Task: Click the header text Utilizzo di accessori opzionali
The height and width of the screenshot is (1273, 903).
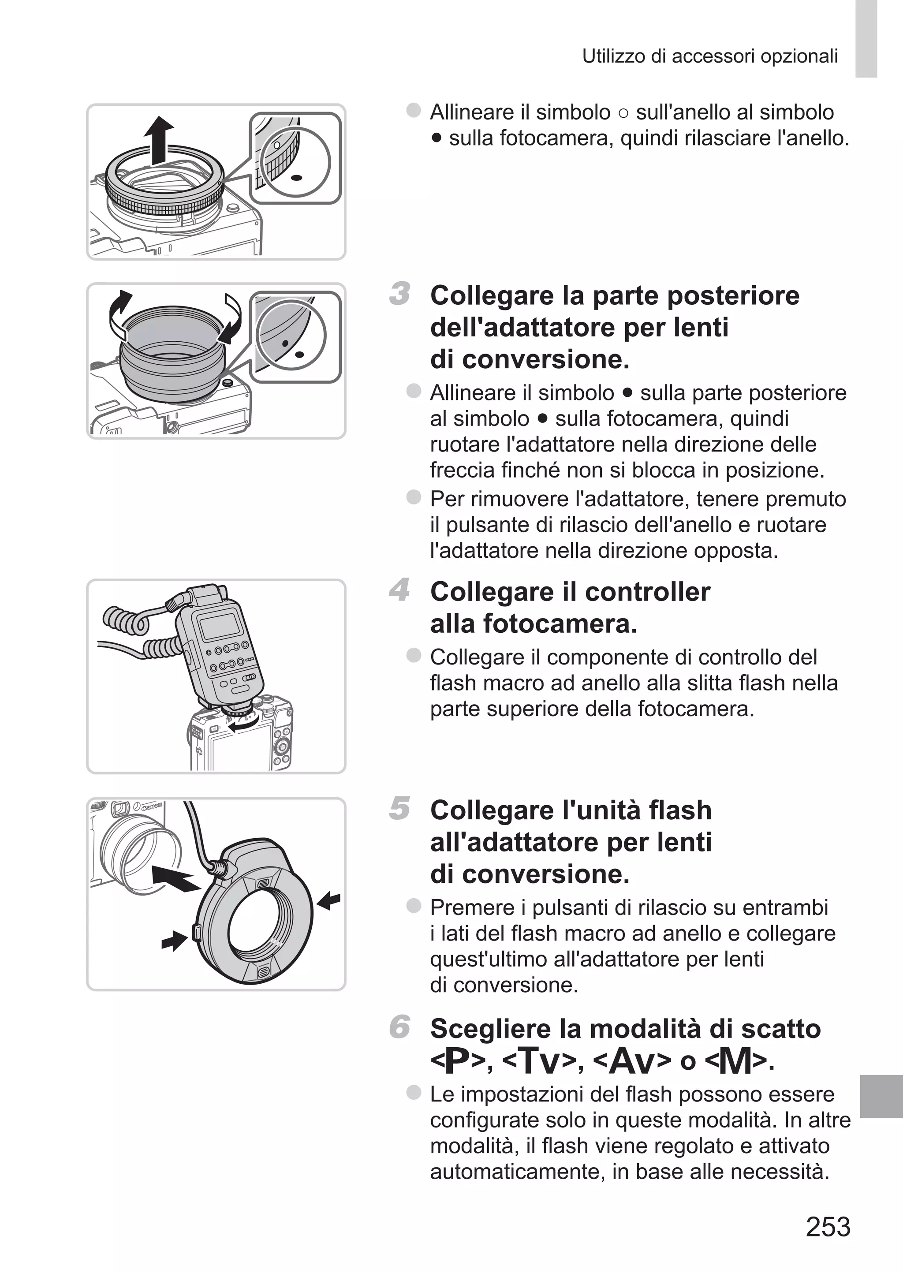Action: (709, 56)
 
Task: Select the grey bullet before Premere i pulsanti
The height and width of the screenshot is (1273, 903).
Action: (414, 906)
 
